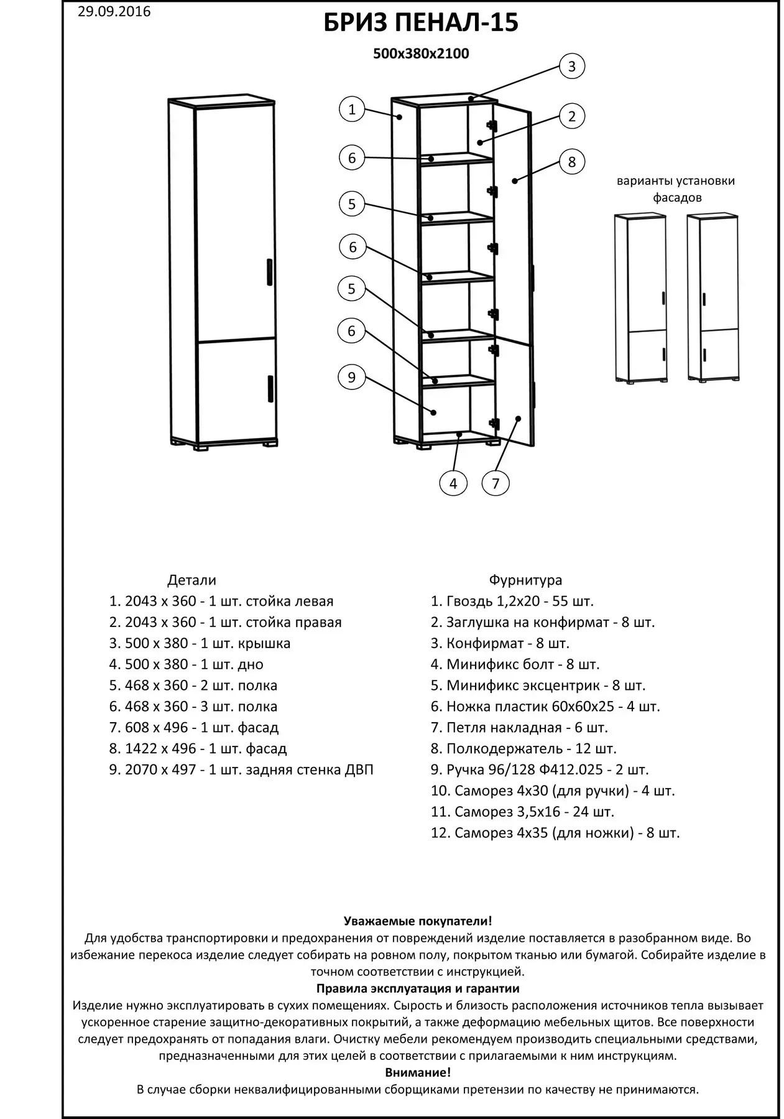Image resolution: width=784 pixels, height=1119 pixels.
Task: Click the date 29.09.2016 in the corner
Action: point(114,12)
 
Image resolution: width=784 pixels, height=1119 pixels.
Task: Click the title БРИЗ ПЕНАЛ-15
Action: point(421,24)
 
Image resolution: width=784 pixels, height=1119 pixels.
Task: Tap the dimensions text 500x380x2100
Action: point(421,54)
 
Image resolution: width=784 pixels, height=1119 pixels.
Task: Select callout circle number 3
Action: point(572,67)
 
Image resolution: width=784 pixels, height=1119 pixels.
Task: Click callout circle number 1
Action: point(352,110)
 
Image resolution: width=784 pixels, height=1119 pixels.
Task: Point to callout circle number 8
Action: point(572,162)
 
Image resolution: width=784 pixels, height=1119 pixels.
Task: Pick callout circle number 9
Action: point(351,378)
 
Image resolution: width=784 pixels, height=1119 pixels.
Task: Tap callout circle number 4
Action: point(453,484)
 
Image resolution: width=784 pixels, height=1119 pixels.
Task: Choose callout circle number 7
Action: point(496,484)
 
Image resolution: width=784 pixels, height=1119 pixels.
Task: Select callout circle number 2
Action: point(572,116)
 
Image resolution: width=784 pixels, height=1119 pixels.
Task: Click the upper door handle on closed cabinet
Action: point(269,272)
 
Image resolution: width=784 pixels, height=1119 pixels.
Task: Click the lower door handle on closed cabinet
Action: point(270,388)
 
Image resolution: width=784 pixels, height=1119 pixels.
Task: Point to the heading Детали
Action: point(191,580)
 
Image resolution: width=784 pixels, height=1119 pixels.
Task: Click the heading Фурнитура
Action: point(525,580)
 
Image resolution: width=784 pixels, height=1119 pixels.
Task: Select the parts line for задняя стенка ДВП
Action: point(241,770)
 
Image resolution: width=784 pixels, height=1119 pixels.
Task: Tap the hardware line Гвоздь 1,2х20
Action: point(512,601)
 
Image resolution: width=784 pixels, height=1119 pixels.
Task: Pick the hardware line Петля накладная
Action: point(519,728)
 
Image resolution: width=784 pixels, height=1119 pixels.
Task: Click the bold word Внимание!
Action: point(418,1073)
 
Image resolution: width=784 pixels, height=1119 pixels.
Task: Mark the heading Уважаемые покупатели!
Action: point(418,921)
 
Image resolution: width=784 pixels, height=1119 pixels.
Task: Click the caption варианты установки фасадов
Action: point(676,189)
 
